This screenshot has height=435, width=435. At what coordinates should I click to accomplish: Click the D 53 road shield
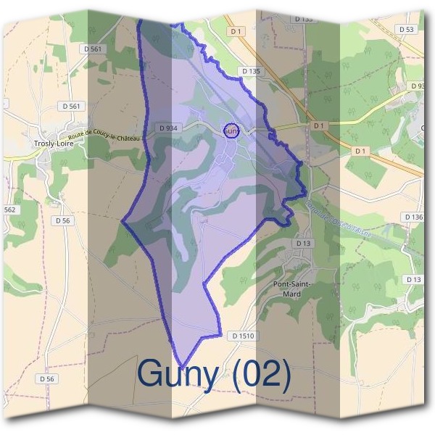pos(406,29)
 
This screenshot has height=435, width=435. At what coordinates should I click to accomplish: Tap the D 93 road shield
pos(418,86)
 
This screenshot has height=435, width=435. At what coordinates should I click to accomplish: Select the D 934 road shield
pos(167,128)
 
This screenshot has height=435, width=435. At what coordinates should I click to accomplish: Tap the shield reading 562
pos(9,210)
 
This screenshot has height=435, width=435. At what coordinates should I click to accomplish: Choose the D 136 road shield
pos(413,217)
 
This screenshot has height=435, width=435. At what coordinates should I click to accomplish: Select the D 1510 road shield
pos(244,336)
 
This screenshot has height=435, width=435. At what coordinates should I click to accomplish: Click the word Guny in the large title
pos(177,374)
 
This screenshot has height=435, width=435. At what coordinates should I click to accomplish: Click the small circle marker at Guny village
pos(231,130)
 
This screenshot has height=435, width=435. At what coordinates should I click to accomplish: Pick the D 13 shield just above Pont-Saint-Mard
pos(302,244)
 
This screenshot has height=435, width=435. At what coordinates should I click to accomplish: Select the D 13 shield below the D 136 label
pos(414,279)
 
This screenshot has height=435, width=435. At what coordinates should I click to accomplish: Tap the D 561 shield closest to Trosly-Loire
pos(71,106)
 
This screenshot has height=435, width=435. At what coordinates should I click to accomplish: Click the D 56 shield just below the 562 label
pos(62,220)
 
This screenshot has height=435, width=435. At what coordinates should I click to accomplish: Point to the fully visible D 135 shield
pos(250,71)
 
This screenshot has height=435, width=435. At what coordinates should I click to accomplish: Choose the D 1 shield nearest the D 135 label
pos(234,31)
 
